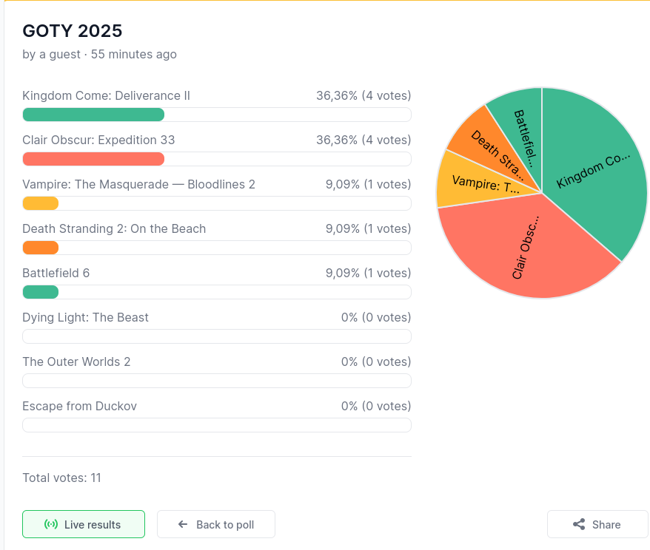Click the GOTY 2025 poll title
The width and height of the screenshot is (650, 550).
pyautogui.click(x=72, y=30)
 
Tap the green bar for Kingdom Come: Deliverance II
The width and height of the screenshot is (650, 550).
pyautogui.click(x=93, y=115)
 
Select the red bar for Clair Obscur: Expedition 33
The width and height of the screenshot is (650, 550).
pyautogui.click(x=93, y=159)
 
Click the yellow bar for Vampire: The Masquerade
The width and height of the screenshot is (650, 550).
pyautogui.click(x=40, y=203)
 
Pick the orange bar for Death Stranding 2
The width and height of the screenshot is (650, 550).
pyautogui.click(x=40, y=248)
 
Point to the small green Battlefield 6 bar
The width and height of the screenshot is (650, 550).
pyautogui.click(x=40, y=292)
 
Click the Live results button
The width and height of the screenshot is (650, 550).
pyautogui.click(x=83, y=524)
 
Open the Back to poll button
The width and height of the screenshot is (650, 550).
pyautogui.click(x=215, y=524)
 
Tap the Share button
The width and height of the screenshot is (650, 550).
pyautogui.click(x=597, y=524)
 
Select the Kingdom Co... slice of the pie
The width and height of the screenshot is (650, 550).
pyautogui.click(x=592, y=170)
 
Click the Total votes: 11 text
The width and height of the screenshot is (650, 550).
pyautogui.click(x=61, y=478)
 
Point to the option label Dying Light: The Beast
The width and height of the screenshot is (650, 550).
pyautogui.click(x=85, y=317)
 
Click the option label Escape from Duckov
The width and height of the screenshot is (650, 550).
pyautogui.click(x=79, y=406)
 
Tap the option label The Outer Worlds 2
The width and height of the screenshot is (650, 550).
pyautogui.click(x=76, y=361)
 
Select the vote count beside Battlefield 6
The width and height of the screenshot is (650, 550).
pyautogui.click(x=368, y=273)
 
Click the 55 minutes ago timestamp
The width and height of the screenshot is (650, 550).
pyautogui.click(x=134, y=54)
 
